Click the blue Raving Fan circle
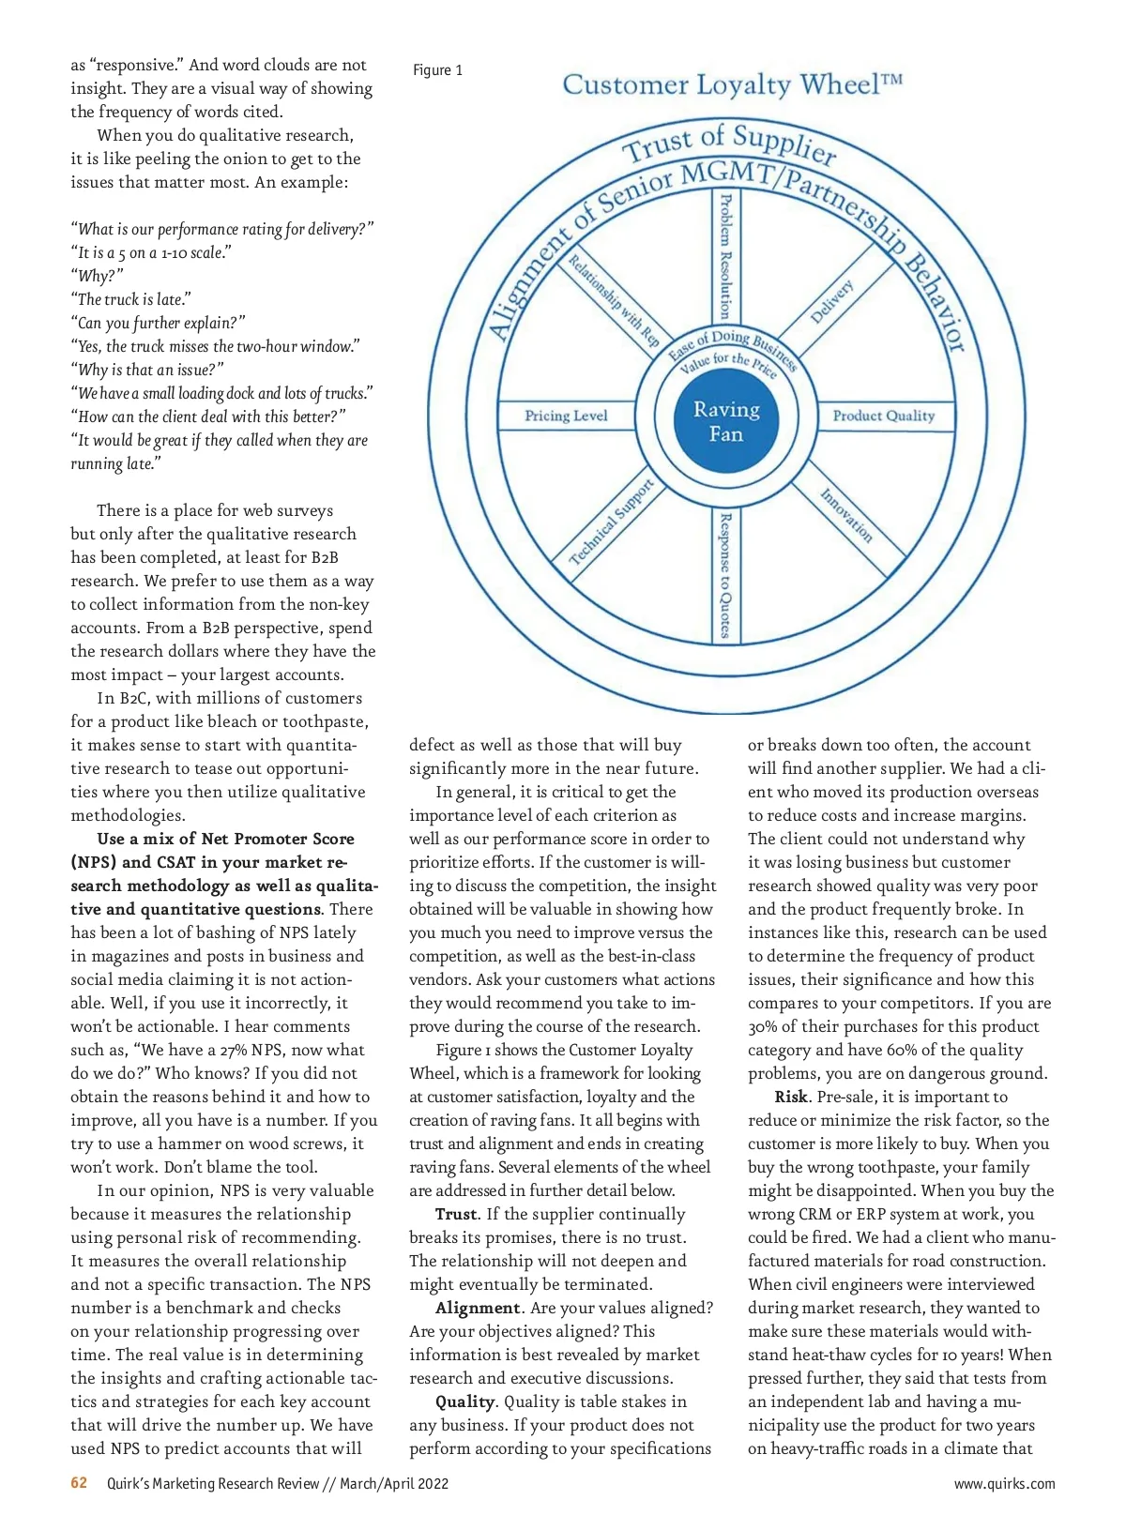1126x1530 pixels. click(x=726, y=421)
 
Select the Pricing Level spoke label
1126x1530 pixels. click(x=566, y=416)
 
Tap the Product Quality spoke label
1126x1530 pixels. click(x=883, y=416)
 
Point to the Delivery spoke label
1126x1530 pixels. click(x=831, y=301)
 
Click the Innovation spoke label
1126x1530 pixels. click(x=846, y=516)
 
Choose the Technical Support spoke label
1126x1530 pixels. click(x=611, y=522)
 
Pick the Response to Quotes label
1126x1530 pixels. click(x=724, y=575)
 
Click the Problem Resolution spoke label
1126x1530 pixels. click(x=724, y=255)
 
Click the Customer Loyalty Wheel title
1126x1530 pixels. click(x=732, y=84)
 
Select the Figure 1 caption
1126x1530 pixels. click(x=437, y=70)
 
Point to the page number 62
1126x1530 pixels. click(x=79, y=1482)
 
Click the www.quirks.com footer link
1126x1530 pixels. click(x=1004, y=1483)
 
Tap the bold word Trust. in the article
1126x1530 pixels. click(x=457, y=1214)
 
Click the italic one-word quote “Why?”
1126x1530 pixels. click(x=97, y=276)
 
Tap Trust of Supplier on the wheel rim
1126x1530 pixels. click(x=730, y=142)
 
